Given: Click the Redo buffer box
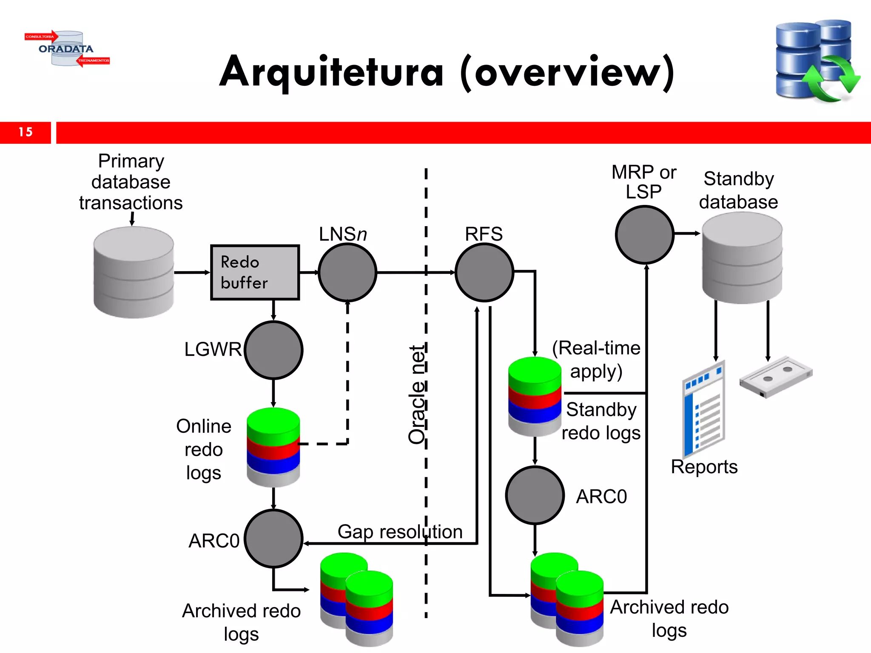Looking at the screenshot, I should [255, 273].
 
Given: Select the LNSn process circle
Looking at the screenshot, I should [347, 273].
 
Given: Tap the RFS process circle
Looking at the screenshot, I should [484, 273].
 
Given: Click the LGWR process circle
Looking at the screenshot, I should [273, 350].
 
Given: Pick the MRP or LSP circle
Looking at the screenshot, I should [645, 235].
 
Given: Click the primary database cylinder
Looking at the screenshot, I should [134, 273].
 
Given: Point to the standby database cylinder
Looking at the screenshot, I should [742, 258].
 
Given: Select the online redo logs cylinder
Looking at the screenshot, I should [273, 447].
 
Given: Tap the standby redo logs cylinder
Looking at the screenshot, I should [535, 396].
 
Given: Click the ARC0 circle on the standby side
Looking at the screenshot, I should [535, 495].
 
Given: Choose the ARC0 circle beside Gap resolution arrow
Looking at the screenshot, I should [273, 539].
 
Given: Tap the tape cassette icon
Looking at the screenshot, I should [776, 377].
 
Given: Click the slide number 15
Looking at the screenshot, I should [26, 132].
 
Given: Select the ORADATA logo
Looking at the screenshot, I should [67, 48].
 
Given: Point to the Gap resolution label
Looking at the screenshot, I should [400, 531].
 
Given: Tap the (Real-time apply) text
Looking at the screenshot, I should [596, 360].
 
